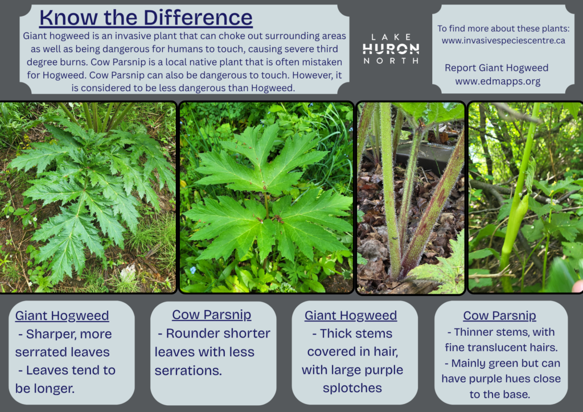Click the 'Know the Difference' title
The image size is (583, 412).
coord(146,18)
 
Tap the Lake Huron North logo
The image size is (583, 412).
coord(391,48)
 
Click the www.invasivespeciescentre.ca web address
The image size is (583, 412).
coord(503,40)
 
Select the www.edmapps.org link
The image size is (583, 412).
coord(498,81)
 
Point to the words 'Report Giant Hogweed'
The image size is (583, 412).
coord(496,68)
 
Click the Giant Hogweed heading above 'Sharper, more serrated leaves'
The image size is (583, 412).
coord(61,315)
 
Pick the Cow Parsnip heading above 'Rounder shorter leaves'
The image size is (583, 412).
coord(212,315)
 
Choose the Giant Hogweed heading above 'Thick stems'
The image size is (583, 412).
coord(351,315)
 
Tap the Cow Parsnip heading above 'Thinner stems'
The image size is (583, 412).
coord(499,315)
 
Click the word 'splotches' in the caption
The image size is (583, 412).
coord(352,388)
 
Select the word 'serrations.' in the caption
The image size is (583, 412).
coord(188,370)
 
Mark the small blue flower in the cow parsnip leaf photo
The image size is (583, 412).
coord(192,270)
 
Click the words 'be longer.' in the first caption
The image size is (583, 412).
coord(44,389)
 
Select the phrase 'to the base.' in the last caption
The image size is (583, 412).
coord(499,394)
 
